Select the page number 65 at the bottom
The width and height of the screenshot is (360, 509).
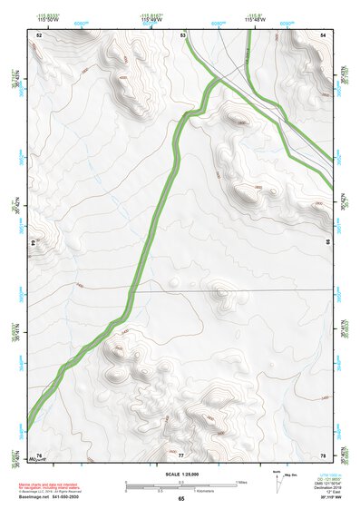point(181,499)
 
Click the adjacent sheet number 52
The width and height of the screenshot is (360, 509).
point(39,34)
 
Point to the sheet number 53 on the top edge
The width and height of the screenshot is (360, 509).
point(183,34)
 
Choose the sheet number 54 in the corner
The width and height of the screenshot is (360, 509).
point(323,34)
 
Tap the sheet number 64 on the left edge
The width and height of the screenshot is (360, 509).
point(33,243)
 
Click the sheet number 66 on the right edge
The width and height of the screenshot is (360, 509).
point(328,243)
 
